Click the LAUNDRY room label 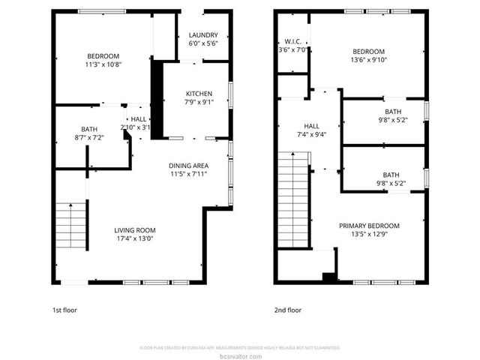(203, 35)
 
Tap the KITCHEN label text (199, 94)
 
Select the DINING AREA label (188, 165)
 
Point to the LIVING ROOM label (135, 230)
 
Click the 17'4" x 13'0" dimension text (135, 239)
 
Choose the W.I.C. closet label (292, 41)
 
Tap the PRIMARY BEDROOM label (369, 226)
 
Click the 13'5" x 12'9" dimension (369, 235)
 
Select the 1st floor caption (64, 310)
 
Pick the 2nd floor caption (288, 310)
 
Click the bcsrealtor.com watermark (240, 355)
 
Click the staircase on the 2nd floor (294, 199)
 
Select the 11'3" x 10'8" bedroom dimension (103, 65)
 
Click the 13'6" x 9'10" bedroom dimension (369, 61)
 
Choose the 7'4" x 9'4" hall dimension (311, 135)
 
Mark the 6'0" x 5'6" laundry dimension (203, 44)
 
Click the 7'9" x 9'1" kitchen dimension (199, 103)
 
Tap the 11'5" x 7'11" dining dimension (188, 174)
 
